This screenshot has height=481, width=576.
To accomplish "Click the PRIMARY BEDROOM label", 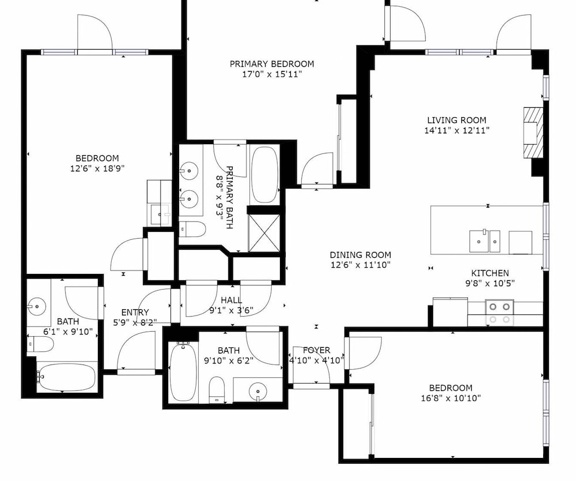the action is tap(272, 64).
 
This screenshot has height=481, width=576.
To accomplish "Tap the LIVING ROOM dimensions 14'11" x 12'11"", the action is tap(457, 130).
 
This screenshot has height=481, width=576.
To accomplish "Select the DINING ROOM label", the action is tap(361, 255).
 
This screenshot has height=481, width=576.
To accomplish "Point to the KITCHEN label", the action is tap(490, 273).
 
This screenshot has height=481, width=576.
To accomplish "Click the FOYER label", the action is tap(317, 350).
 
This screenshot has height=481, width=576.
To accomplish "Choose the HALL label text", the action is tap(232, 300).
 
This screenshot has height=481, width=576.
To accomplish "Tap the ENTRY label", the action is tap(135, 312).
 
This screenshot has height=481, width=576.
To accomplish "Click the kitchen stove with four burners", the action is tap(499, 313).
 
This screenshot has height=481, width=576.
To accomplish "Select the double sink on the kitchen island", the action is tap(485, 241).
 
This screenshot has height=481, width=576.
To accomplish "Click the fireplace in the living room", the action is tap(533, 133).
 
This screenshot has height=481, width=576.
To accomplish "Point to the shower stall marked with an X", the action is tap(264, 233).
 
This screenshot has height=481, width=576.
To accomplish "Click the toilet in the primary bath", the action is tap(192, 229).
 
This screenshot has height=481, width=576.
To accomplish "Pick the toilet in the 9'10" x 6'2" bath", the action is tap(217, 389).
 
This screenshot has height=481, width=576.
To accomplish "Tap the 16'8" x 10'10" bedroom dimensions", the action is tap(451, 398).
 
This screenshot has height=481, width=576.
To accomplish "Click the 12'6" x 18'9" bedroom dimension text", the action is tap(97, 168).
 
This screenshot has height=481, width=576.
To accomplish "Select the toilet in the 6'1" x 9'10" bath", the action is tap(40, 344).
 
